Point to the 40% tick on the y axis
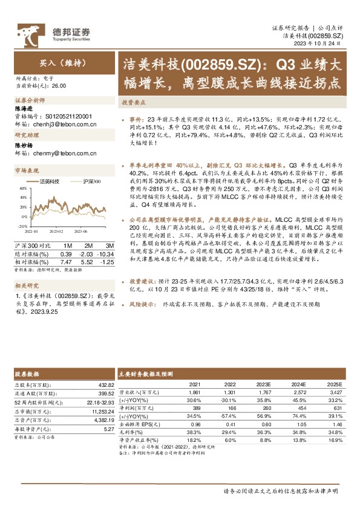point(22,188)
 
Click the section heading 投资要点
point(132,102)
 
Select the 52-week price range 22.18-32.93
point(97,402)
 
